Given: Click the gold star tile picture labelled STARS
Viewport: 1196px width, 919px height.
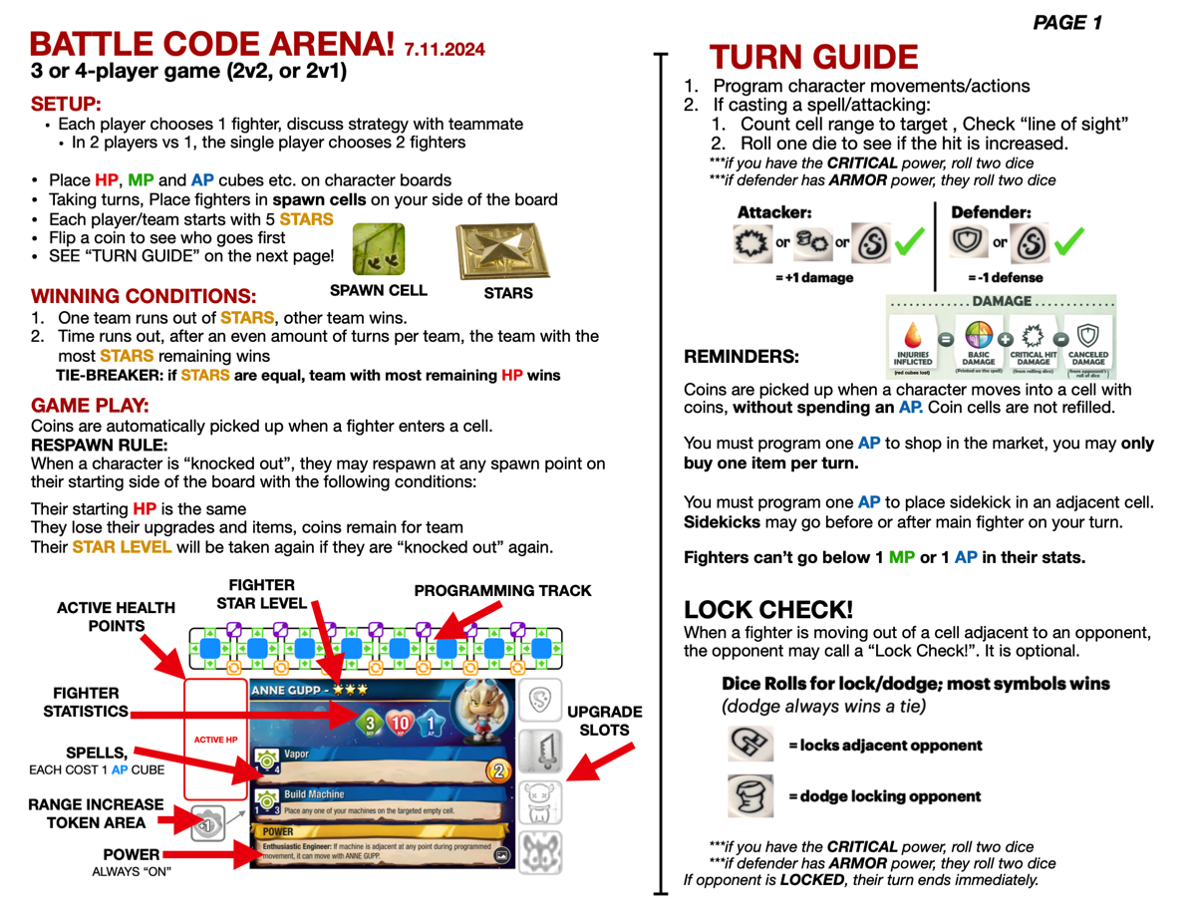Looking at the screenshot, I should point(503,250).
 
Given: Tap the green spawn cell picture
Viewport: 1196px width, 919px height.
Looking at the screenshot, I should point(379,249).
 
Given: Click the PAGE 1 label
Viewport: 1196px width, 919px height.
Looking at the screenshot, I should point(1066,22).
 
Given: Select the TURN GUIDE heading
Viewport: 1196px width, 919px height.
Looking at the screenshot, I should point(812,57).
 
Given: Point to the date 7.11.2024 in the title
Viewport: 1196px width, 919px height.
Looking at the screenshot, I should point(445,48).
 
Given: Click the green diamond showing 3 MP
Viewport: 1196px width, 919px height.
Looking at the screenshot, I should point(370,723).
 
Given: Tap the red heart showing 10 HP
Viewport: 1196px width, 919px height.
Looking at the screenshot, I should point(400,723).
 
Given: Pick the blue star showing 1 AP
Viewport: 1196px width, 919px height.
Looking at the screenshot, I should point(428,723).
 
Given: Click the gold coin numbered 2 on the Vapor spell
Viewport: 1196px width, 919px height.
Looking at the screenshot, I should point(498,769).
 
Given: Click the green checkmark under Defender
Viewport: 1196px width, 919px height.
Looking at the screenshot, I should point(1067,241).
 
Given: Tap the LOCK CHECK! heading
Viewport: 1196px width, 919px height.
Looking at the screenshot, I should point(768,610).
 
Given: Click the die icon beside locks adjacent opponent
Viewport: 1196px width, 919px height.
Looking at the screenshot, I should point(750,744).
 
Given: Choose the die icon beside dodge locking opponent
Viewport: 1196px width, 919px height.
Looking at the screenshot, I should point(750,795).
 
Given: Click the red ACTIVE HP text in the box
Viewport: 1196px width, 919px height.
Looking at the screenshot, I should point(215,740).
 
